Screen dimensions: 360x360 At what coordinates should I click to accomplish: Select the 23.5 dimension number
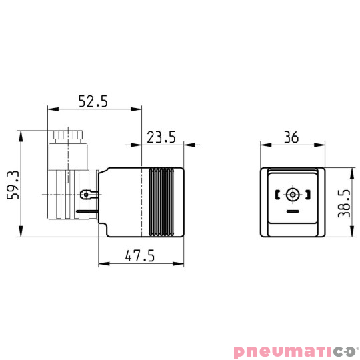click(x=161, y=137)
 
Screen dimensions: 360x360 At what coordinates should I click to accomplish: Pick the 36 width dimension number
click(x=291, y=137)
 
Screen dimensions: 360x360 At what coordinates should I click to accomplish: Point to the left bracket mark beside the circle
click(x=277, y=195)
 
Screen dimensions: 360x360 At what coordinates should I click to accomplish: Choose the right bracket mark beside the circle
click(x=307, y=195)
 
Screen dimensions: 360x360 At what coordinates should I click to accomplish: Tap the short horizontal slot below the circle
click(x=292, y=211)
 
